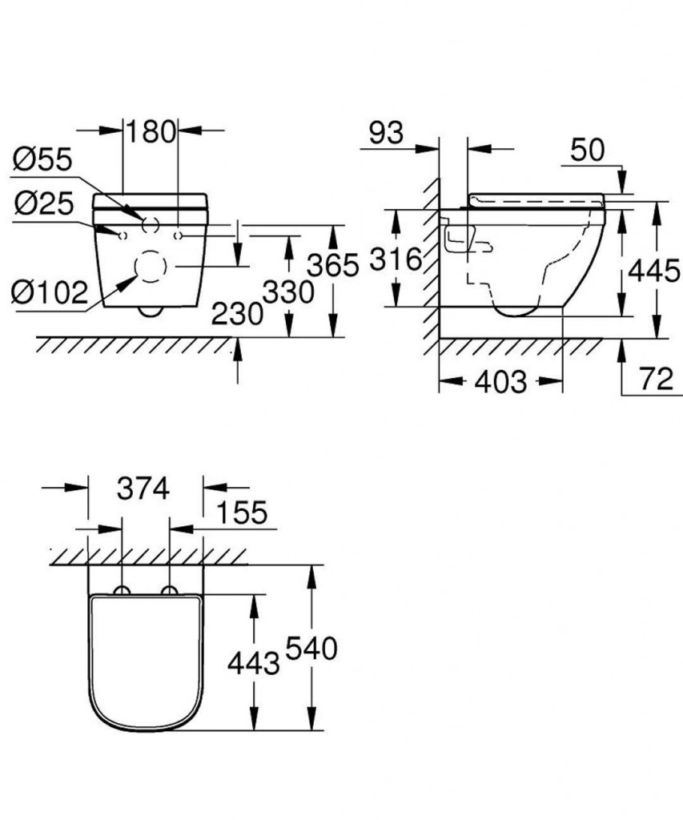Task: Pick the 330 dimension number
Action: click(x=288, y=291)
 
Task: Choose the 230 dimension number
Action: click(x=237, y=314)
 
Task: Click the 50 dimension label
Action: click(x=587, y=150)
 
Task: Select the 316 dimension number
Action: click(x=396, y=259)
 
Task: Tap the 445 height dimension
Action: click(x=653, y=271)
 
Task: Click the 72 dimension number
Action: click(x=657, y=379)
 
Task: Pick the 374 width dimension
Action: click(x=143, y=489)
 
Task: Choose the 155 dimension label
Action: click(x=242, y=512)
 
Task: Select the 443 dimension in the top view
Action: click(x=254, y=664)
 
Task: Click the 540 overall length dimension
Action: click(x=311, y=649)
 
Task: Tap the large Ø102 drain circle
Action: click(x=151, y=267)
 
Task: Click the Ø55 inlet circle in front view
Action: click(x=151, y=224)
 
